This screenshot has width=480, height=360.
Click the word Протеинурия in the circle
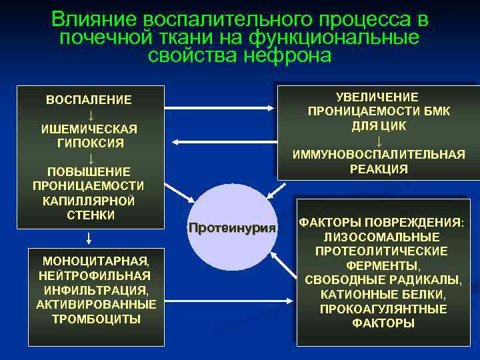(x=232, y=228)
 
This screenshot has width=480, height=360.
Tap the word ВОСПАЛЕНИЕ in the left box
(x=89, y=99)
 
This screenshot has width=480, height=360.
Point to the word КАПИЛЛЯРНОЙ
(x=89, y=200)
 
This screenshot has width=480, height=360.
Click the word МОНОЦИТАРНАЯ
(x=95, y=260)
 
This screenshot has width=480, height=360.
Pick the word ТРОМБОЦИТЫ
(x=96, y=319)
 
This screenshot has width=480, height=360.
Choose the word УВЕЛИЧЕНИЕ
(x=377, y=97)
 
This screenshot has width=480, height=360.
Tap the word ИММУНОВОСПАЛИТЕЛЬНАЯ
(x=379, y=155)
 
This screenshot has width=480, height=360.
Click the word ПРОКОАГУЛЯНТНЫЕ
(x=382, y=309)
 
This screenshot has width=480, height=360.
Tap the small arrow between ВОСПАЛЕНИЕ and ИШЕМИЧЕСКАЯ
(x=89, y=114)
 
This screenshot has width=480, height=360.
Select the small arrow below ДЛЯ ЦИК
(x=379, y=141)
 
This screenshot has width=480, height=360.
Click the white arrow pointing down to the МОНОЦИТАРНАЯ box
(x=89, y=238)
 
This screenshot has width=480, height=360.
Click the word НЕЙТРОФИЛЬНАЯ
(x=95, y=275)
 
